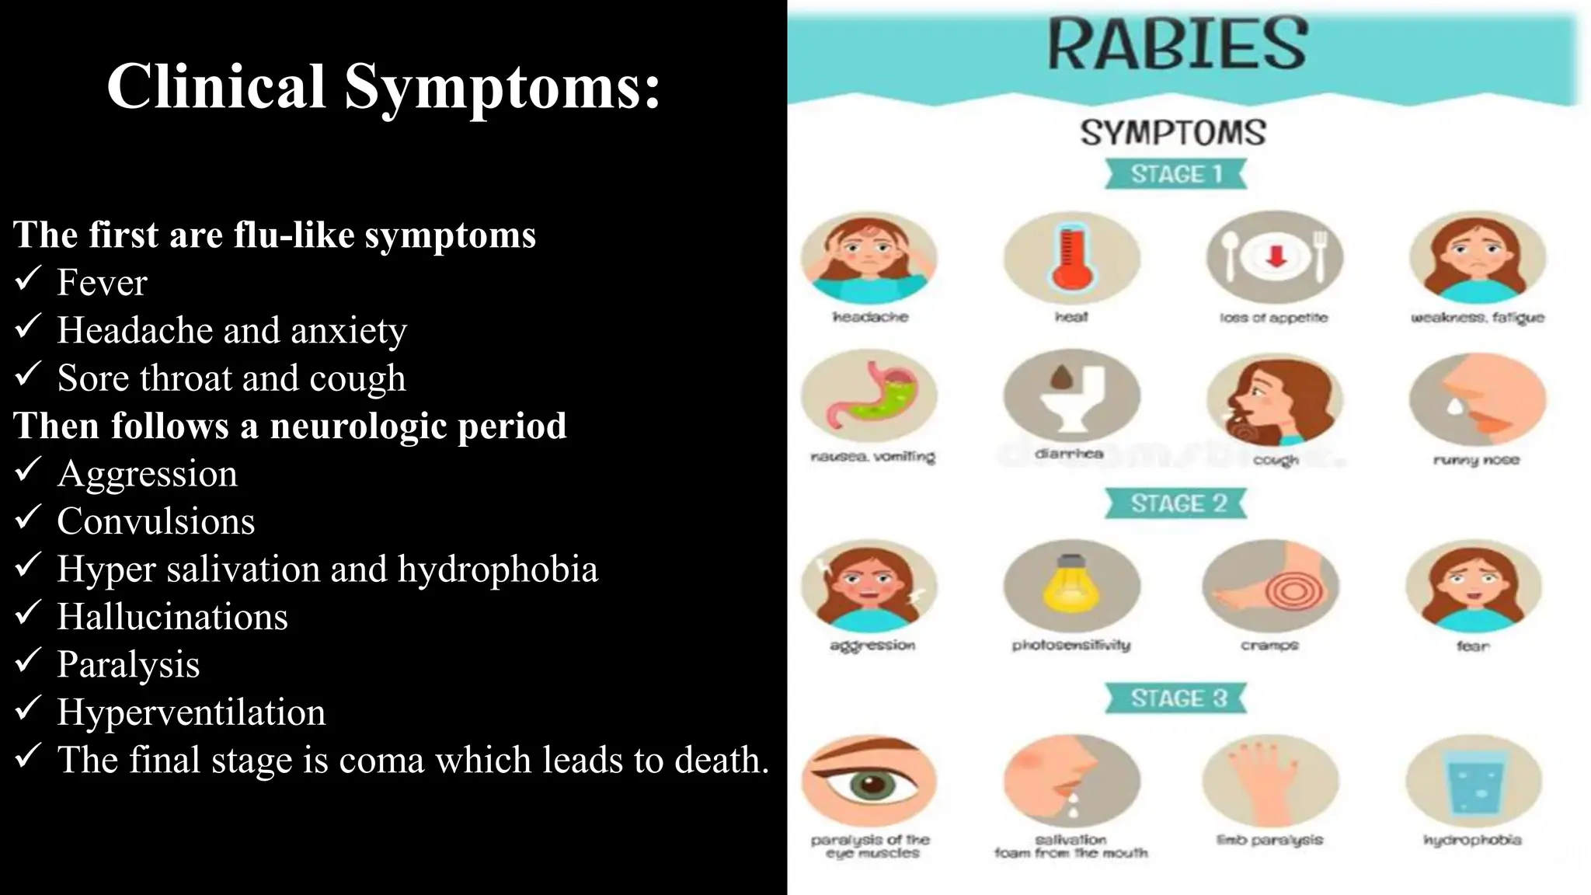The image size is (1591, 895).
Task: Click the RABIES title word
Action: [1177, 44]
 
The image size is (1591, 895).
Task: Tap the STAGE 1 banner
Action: [1176, 174]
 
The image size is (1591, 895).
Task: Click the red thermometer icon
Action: [1071, 258]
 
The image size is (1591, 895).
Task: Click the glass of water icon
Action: [1473, 782]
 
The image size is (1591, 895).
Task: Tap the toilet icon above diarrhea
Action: [1071, 397]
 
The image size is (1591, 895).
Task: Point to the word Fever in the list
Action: [102, 283]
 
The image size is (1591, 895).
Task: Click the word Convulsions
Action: [156, 521]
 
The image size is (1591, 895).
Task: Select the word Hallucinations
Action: [172, 617]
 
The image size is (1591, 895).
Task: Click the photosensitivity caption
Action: [1071, 645]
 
